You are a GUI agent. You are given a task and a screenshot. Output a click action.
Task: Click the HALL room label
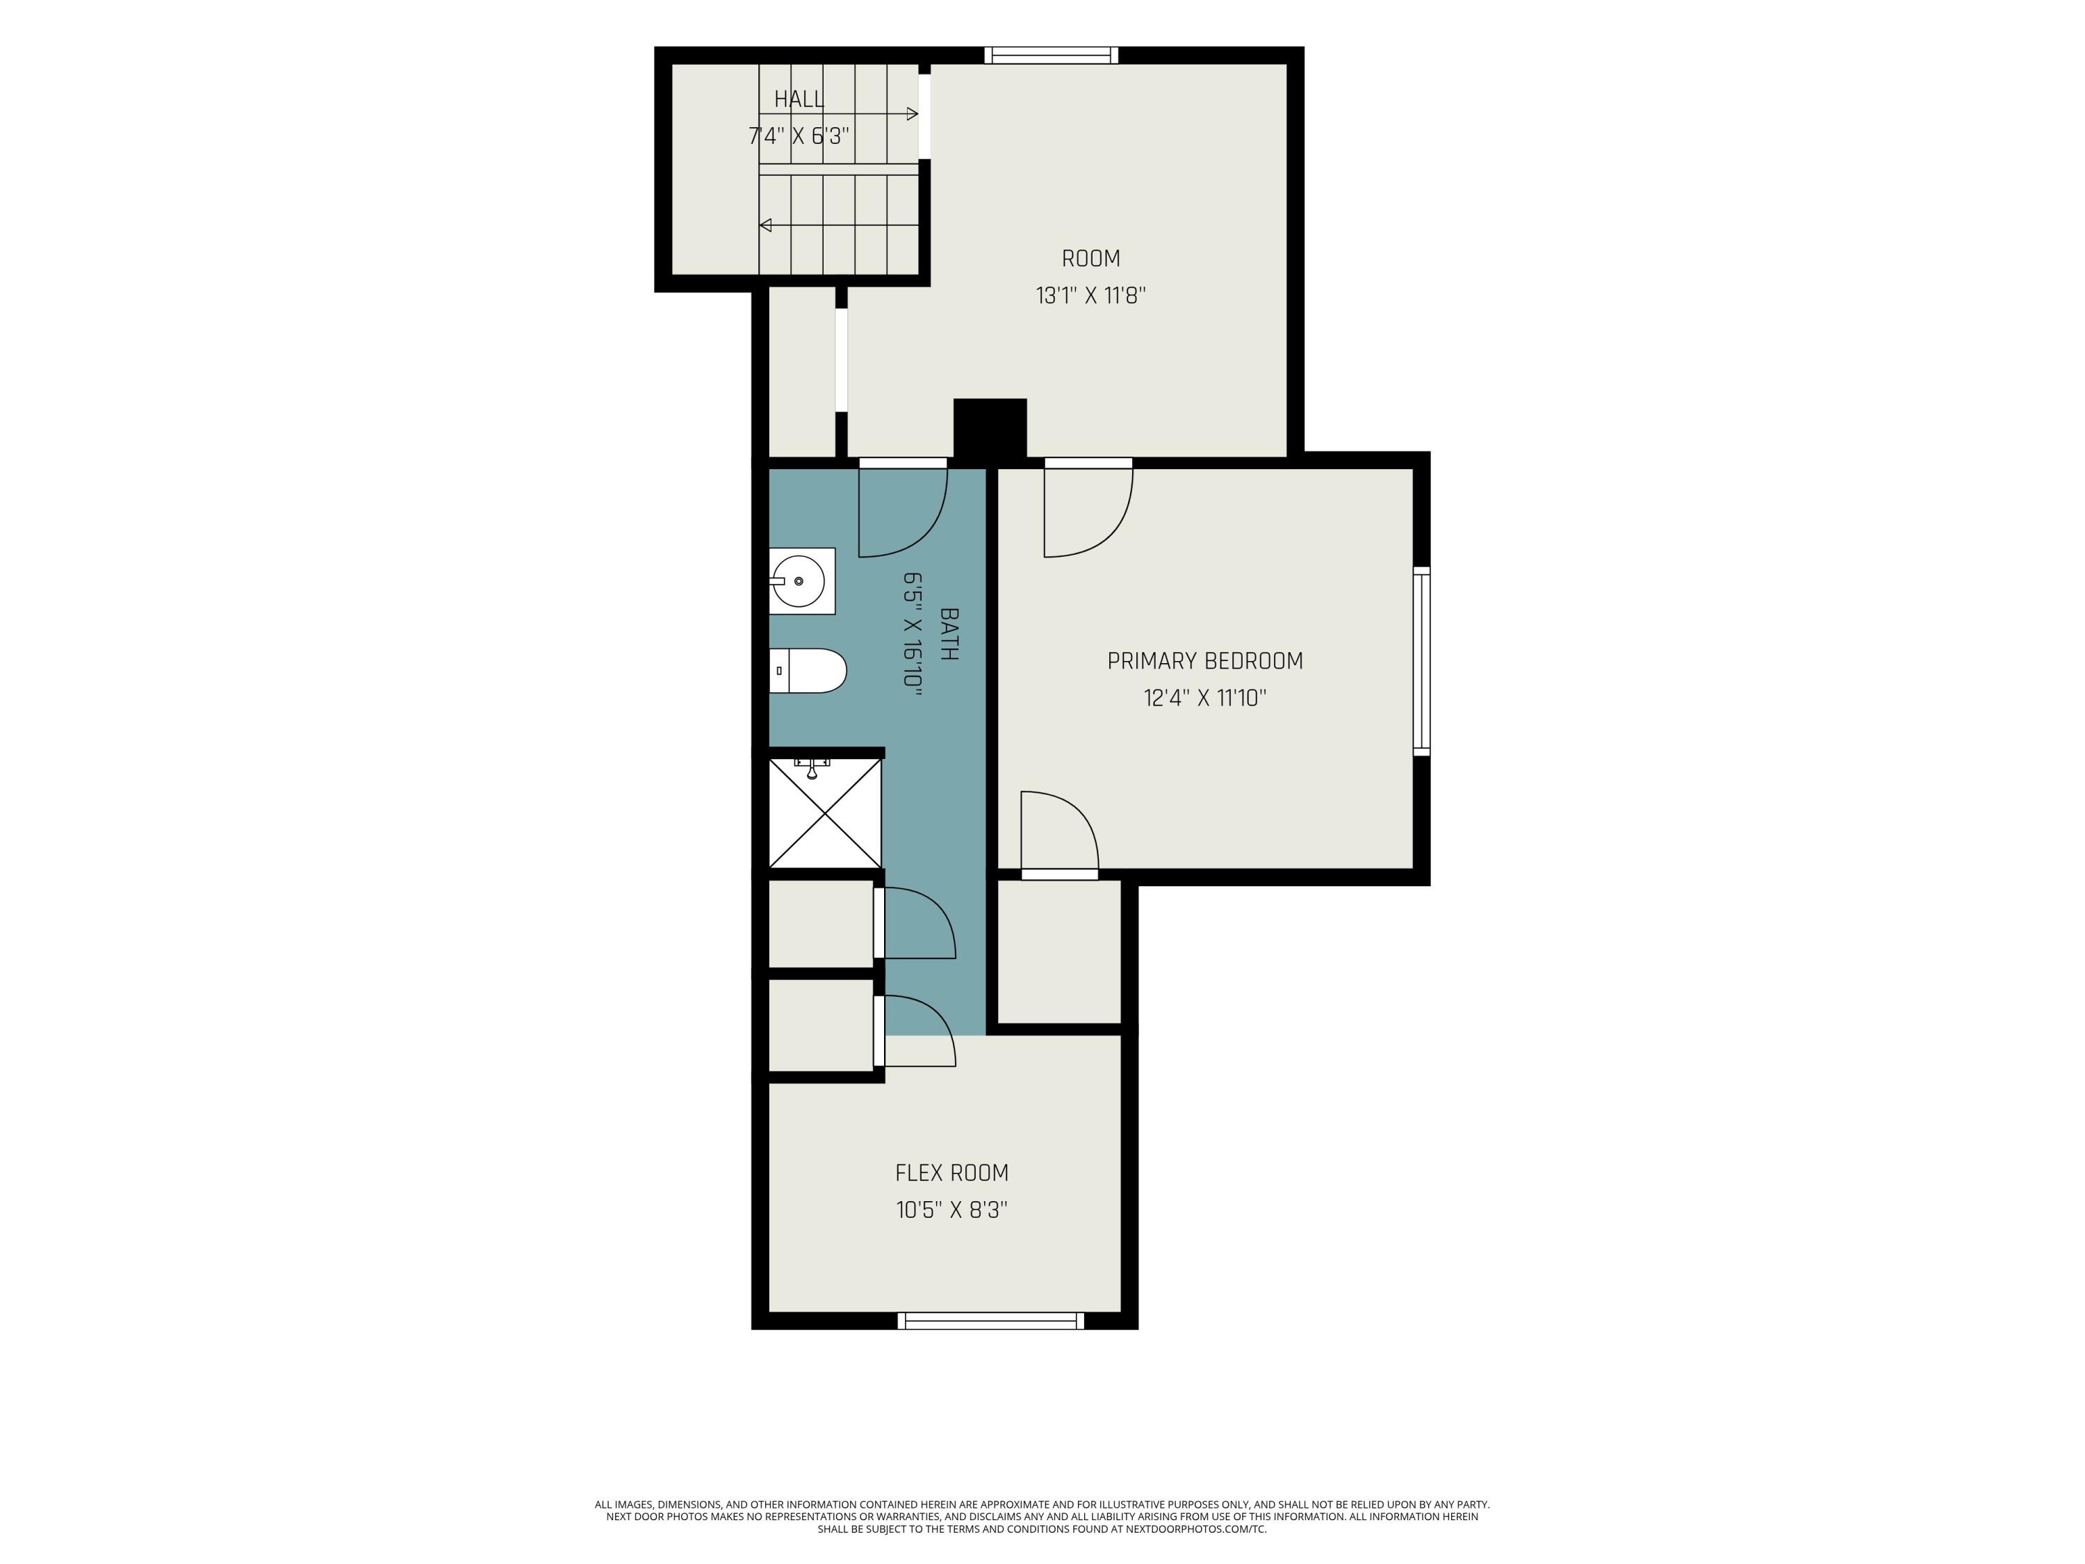tap(799, 99)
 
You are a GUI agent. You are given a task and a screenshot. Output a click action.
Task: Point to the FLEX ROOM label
tap(952, 1173)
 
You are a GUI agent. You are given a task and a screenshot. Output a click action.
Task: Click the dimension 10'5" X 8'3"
tap(952, 1209)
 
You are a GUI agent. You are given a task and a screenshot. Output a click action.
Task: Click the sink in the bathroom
tap(801, 580)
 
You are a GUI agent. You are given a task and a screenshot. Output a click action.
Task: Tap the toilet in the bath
tap(808, 670)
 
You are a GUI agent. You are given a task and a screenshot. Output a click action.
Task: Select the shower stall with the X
tap(826, 813)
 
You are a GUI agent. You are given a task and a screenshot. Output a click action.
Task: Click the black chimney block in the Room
tap(990, 429)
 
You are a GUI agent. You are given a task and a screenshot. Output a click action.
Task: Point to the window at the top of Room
tap(1052, 55)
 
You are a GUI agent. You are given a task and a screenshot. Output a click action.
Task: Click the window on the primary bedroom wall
tap(1421, 661)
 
